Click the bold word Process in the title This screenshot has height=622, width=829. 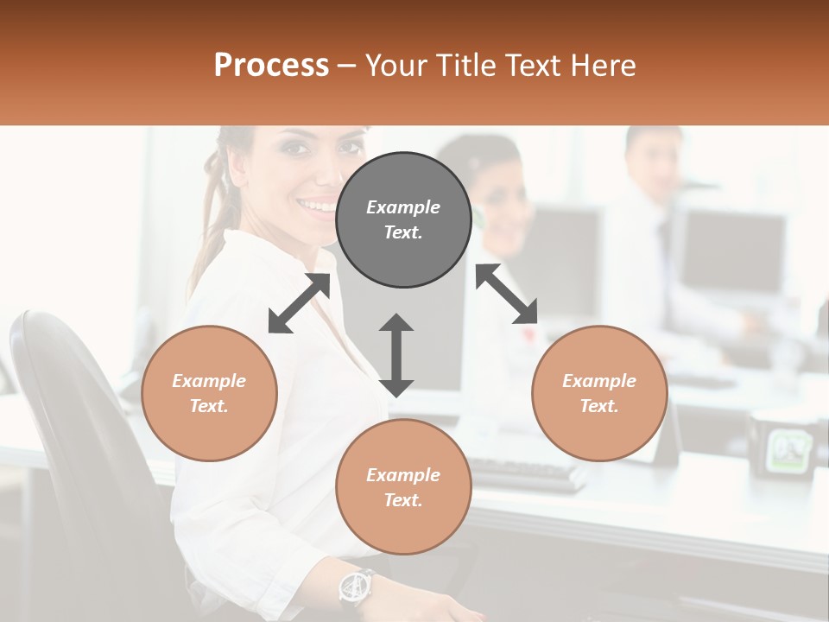point(271,66)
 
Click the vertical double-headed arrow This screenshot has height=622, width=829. point(396,355)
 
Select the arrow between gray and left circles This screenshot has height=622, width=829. point(299,303)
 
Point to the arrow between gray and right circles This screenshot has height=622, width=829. point(507,295)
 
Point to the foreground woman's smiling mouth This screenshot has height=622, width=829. point(317,206)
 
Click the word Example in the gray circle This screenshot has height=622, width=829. point(403,207)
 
